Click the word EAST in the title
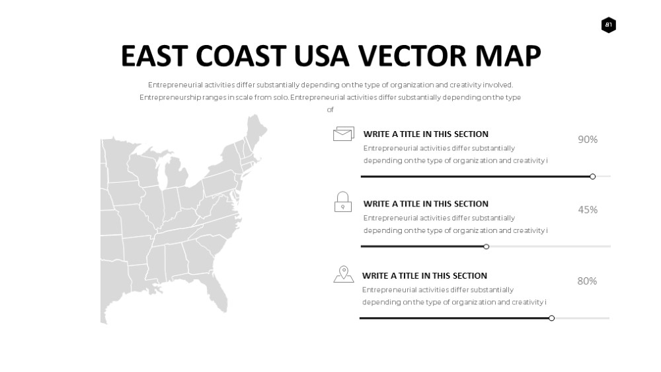pos(154,56)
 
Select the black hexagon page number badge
pos(608,25)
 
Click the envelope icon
pos(344,134)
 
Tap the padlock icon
pos(342,201)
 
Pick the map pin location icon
pos(344,274)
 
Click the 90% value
pos(588,140)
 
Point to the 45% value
pos(588,209)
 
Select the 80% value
pos(587,281)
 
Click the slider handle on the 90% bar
pos(592,177)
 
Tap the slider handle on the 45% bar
pos(486,247)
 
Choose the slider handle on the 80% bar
pos(551,318)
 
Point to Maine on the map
pos(256,129)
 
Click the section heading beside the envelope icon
pos(426,134)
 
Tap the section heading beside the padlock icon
pos(426,204)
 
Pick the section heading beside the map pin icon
pos(424,276)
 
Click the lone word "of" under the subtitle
pos(330,110)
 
